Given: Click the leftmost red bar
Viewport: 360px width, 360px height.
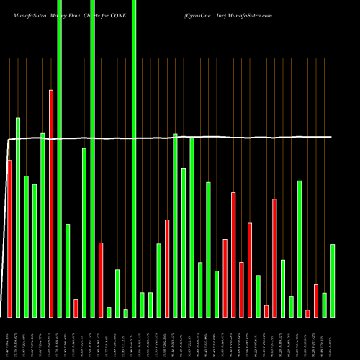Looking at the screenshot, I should pyautogui.click(x=9, y=238).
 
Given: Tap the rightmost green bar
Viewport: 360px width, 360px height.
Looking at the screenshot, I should pyautogui.click(x=333, y=281).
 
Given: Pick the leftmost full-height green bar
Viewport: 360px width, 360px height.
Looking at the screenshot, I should pyautogui.click(x=60, y=158).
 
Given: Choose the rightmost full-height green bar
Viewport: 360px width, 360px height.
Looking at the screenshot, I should pyautogui.click(x=134, y=158).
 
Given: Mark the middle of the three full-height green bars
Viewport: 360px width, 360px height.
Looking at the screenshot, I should pyautogui.click(x=93, y=158).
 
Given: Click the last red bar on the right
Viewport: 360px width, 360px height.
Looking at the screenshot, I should pyautogui.click(x=316, y=301).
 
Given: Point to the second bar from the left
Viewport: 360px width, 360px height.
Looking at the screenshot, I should pyautogui.click(x=18, y=217).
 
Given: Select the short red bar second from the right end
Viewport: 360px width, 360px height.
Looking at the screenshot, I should pyautogui.click(x=307, y=313).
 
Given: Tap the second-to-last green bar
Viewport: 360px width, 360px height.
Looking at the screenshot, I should pyautogui.click(x=325, y=305).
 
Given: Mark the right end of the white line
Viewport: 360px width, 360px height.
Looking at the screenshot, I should pyautogui.click(x=332, y=136).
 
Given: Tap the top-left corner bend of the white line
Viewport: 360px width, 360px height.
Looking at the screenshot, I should pyautogui.click(x=9, y=139).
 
